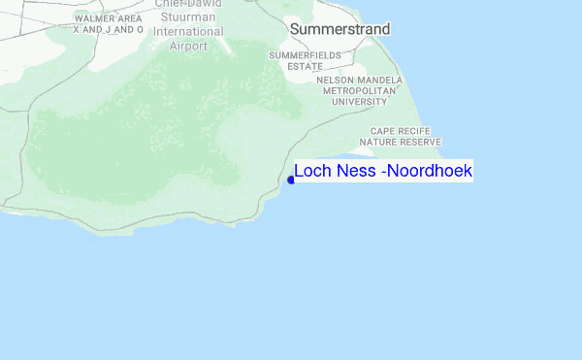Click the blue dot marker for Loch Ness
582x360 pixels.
pos(291,180)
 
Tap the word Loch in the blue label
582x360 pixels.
pos(312,172)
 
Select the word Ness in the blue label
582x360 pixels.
pos(355,172)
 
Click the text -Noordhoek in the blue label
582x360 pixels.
pos(426,172)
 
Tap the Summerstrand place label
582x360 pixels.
pos(339,30)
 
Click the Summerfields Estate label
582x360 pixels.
pos(306,61)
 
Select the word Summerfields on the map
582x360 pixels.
pos(306,56)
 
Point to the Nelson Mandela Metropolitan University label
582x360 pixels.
pos(360,90)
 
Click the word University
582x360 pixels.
pos(360,101)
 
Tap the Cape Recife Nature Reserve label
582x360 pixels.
pos(401,136)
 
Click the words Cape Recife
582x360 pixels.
pos(401,130)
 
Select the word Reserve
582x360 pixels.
pos(421,142)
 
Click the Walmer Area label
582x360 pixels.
pos(109,18)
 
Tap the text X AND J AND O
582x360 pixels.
pos(109,30)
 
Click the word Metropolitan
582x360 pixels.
pos(360,90)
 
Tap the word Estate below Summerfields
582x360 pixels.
pos(306,67)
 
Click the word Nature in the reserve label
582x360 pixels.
pos(379,142)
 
